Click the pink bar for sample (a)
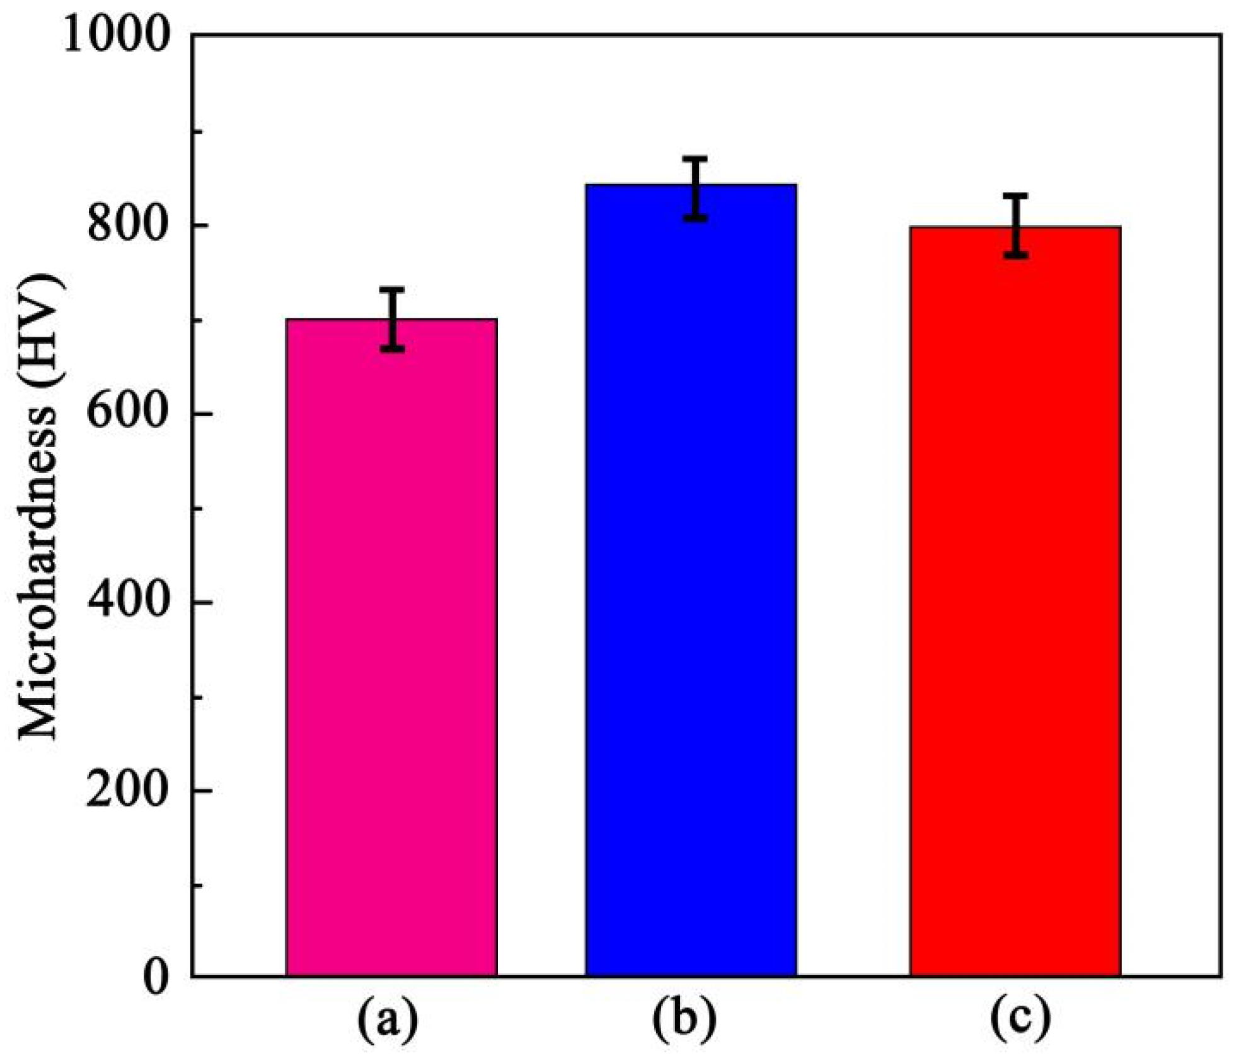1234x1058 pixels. pos(391,649)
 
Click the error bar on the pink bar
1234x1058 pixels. pos(392,319)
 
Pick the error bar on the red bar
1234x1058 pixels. pos(1016,226)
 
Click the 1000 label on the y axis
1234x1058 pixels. pos(117,35)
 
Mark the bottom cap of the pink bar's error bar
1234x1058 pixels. pos(392,349)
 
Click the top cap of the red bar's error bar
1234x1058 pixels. pos(1016,196)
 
